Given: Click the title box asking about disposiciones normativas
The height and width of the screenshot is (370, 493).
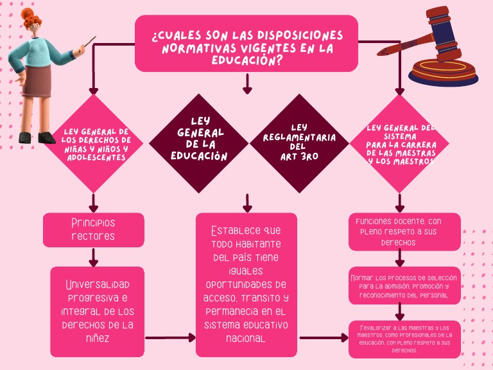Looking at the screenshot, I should (x=246, y=43).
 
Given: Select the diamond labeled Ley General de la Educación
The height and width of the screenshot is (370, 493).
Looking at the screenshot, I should (x=198, y=143).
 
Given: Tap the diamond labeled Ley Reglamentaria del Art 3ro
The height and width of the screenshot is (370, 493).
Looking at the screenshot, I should (x=298, y=143).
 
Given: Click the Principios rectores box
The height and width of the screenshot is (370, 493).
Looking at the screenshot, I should (x=94, y=229).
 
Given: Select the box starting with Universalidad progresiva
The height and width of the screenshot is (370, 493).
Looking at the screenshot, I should (x=97, y=312).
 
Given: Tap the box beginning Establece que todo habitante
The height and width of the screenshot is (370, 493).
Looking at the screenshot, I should (x=246, y=285).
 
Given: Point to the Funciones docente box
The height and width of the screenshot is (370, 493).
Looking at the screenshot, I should (x=404, y=231).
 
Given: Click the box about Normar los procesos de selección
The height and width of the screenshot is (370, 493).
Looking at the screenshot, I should (x=404, y=286).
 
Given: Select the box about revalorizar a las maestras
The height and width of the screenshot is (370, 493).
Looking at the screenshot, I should (x=404, y=339).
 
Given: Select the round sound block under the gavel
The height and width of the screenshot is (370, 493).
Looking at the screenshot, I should (x=443, y=72).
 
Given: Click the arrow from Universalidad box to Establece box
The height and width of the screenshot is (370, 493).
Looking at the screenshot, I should (x=171, y=337).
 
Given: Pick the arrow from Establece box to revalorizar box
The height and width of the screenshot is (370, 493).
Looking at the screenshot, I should (x=324, y=337).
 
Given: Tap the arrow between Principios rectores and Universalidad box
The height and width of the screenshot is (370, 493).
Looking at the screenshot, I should (x=94, y=257).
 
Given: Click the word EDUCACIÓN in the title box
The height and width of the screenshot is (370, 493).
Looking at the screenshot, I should (x=248, y=60).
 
